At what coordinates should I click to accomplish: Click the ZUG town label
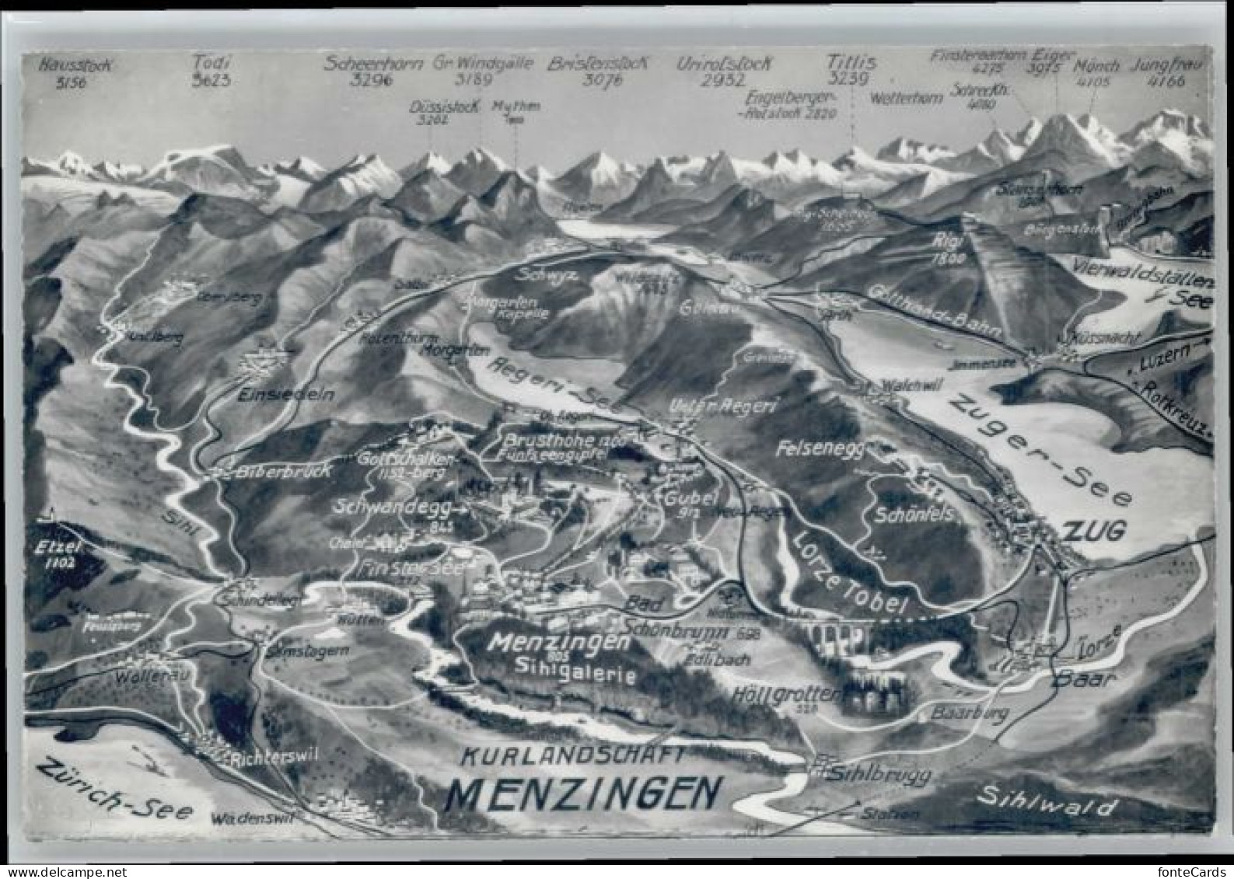point(1094,531)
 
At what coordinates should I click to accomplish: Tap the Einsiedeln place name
point(287,394)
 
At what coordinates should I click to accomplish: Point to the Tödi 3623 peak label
point(211,70)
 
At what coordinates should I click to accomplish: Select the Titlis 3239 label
point(851,70)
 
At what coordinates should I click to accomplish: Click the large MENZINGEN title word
point(583,794)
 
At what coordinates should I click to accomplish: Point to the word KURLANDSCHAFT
point(572,755)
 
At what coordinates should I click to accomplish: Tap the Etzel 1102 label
point(58,553)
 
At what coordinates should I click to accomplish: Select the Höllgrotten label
point(786,693)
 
